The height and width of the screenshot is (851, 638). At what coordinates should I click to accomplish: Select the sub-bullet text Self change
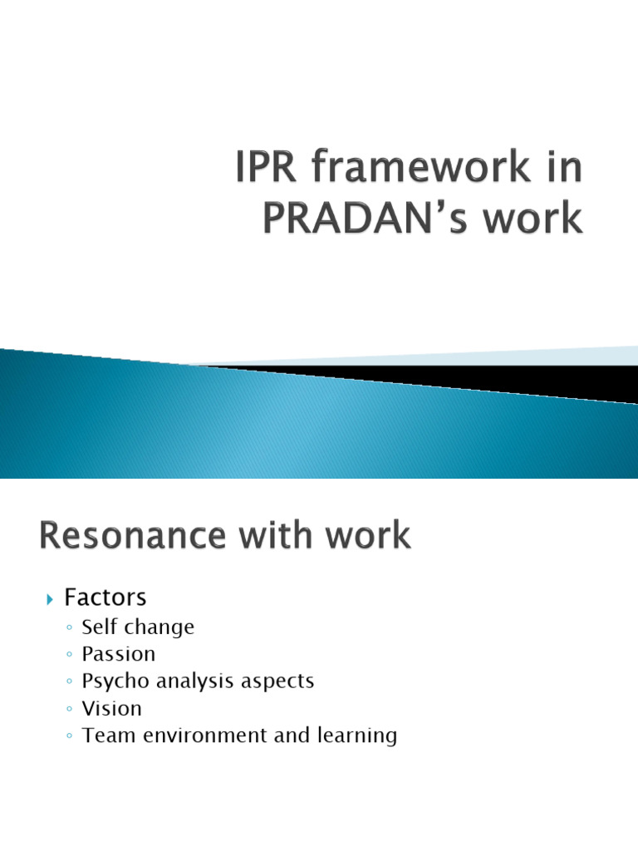pos(138,627)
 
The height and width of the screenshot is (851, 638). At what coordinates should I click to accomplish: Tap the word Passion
pos(119,654)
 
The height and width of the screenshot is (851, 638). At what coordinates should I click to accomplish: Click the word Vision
pos(112,708)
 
